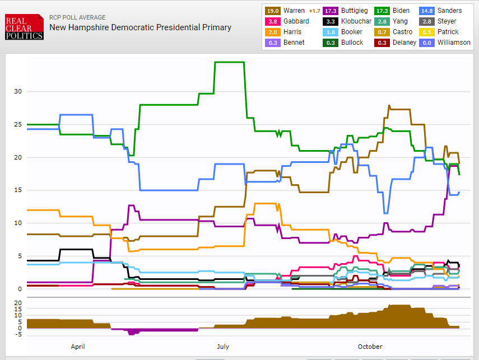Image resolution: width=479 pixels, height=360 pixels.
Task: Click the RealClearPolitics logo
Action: pos(24,27)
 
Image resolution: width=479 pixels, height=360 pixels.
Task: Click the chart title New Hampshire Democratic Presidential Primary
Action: pos(140,27)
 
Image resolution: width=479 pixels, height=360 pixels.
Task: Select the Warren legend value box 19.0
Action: pos(273,11)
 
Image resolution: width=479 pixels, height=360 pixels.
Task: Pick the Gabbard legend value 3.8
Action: pos(273,21)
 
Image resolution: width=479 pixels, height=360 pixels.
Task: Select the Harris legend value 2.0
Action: pos(273,32)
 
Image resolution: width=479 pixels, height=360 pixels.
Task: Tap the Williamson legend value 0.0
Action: pos(427,43)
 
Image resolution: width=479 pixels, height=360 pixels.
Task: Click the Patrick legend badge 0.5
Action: pos(427,32)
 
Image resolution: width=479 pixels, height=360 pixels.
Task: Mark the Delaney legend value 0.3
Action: pos(382,43)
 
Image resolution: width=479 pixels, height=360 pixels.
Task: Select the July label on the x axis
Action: pos(223,347)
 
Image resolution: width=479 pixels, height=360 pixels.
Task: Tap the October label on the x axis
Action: pos(370,347)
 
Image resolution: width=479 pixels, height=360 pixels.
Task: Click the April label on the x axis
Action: pos(78,347)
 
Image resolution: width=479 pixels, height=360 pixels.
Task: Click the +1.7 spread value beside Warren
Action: pos(314,11)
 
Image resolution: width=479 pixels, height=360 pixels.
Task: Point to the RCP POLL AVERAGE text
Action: pos(77,17)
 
